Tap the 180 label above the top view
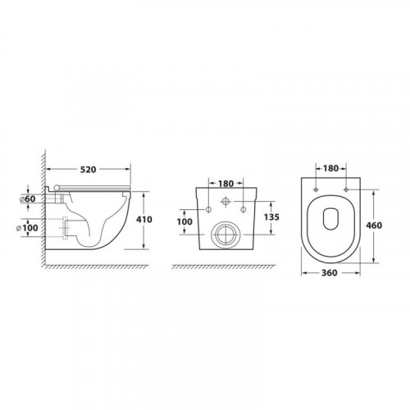330,167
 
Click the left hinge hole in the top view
316,190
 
